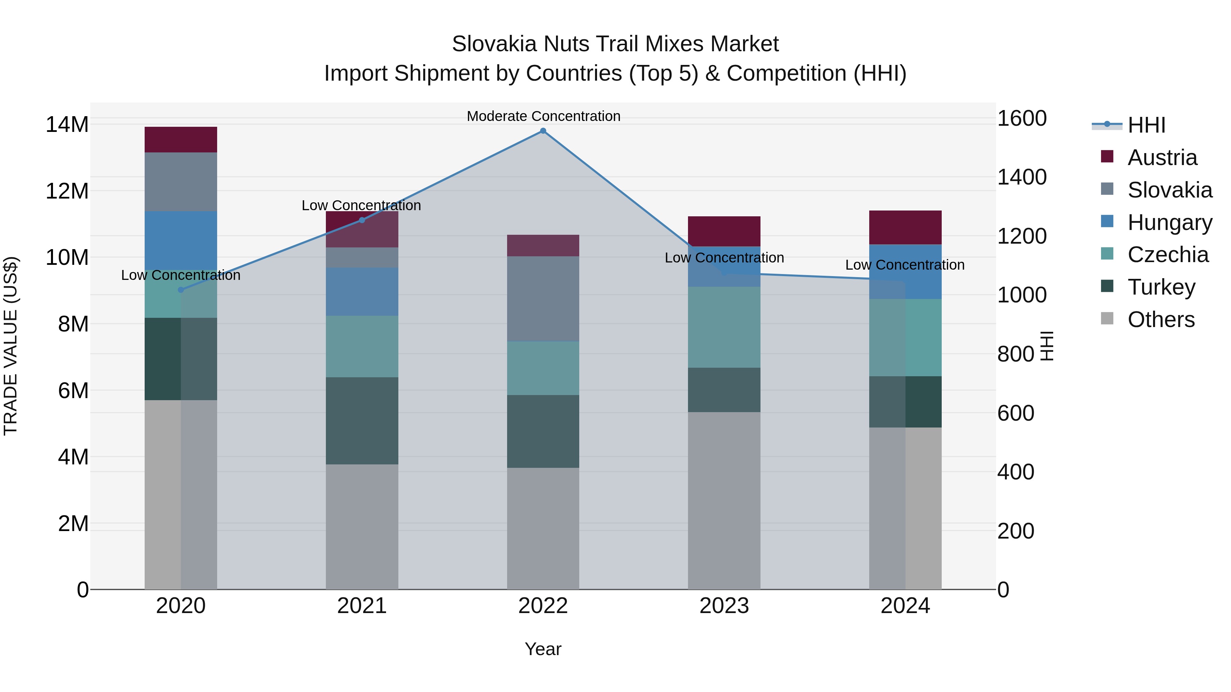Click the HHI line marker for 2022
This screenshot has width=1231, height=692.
[543, 131]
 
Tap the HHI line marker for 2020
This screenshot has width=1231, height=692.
[181, 290]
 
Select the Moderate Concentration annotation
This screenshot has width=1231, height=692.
[543, 116]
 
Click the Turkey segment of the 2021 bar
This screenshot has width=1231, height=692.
[362, 421]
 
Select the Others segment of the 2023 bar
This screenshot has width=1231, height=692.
[724, 501]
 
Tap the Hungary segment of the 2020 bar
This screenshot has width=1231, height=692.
[181, 240]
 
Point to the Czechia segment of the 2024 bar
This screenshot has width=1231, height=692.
[905, 338]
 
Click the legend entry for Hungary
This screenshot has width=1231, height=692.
[1169, 222]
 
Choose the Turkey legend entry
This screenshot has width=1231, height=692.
[1161, 287]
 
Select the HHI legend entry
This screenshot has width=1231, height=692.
[1146, 125]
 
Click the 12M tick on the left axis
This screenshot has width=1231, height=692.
[67, 191]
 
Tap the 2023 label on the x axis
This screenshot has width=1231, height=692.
[724, 606]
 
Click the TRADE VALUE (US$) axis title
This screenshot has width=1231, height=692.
[11, 346]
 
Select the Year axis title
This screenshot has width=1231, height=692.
[543, 649]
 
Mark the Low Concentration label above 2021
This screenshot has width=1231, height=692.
[361, 205]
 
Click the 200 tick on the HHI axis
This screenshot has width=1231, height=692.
[1016, 531]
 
